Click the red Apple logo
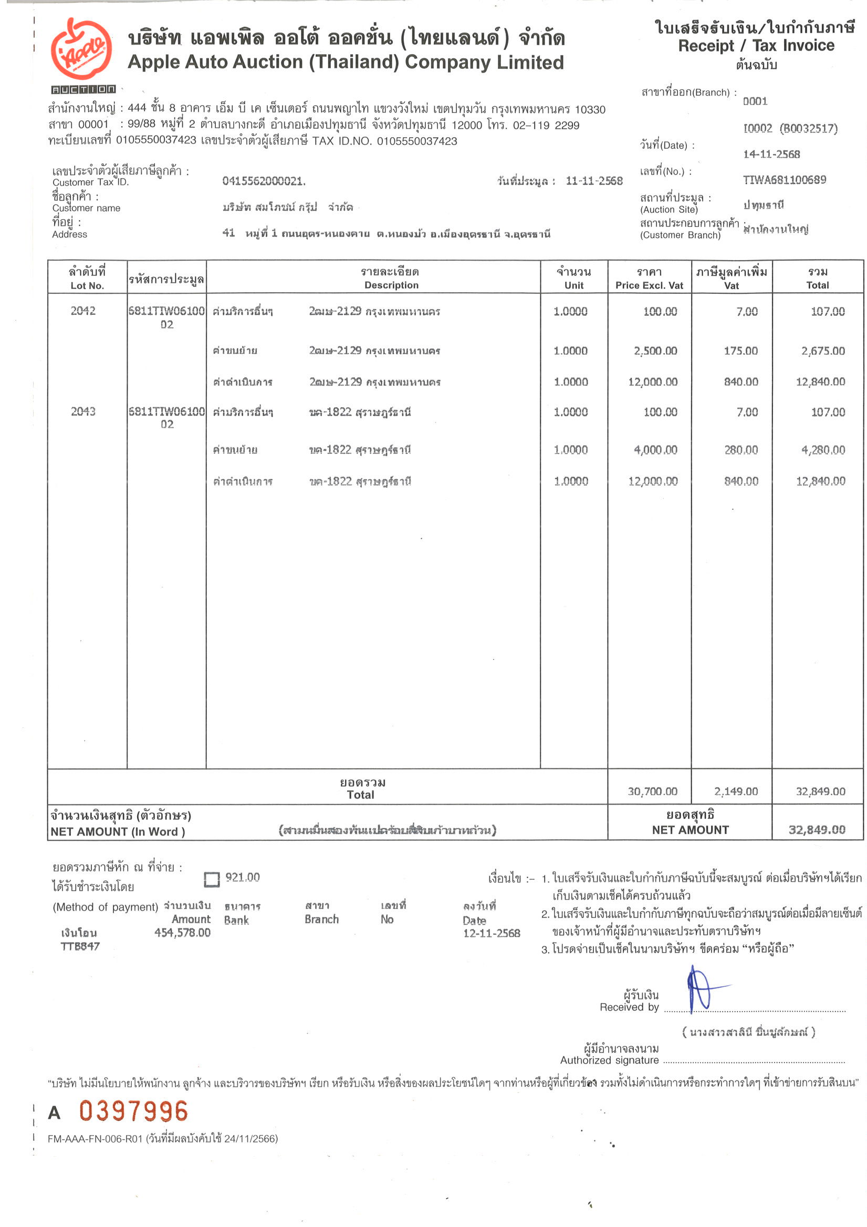[81, 49]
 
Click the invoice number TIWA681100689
[784, 180]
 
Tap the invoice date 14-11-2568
[771, 154]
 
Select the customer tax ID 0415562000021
[264, 181]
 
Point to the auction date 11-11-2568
[594, 181]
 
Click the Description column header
[391, 278]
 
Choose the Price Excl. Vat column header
[649, 278]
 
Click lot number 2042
[83, 311]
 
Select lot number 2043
[83, 411]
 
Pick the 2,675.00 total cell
[823, 350]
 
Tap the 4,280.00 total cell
[823, 449]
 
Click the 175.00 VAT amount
[740, 350]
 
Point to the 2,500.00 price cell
[655, 350]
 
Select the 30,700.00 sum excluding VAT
[652, 791]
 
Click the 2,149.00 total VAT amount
[736, 791]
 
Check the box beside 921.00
[212, 879]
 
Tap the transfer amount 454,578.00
[182, 933]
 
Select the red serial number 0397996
[133, 1111]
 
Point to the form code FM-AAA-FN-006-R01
[95, 1139]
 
